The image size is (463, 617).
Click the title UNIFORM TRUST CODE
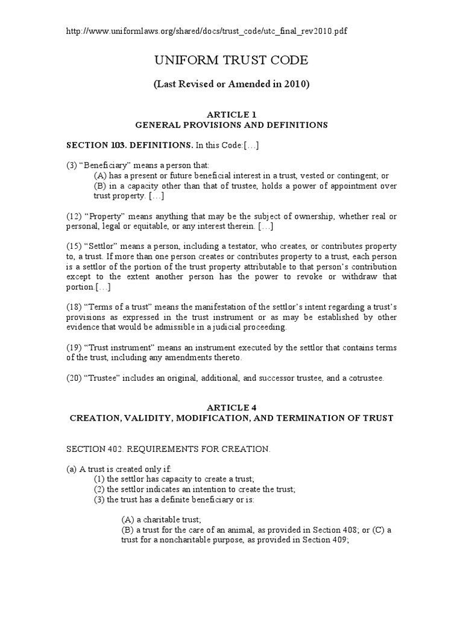pyautogui.click(x=231, y=60)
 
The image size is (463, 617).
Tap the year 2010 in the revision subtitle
pyautogui.click(x=295, y=84)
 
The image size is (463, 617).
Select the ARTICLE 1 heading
pyautogui.click(x=231, y=114)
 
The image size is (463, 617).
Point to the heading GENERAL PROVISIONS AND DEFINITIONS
pyautogui.click(x=231, y=125)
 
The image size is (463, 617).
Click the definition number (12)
pyautogui.click(x=74, y=216)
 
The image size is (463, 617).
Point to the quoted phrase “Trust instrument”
pyautogui.click(x=113, y=348)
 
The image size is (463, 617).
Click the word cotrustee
pyautogui.click(x=362, y=378)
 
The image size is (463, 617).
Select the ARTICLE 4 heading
pyautogui.click(x=231, y=408)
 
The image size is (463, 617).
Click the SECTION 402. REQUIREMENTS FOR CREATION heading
pyautogui.click(x=168, y=449)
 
